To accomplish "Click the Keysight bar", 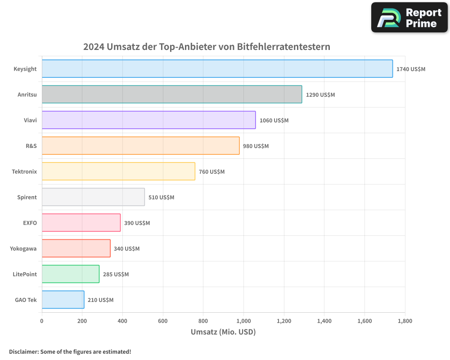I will (x=217, y=69).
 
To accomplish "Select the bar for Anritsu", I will (x=172, y=94).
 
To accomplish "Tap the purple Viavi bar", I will (x=148, y=120).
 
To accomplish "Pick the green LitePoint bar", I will (x=71, y=274).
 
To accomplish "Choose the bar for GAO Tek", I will (x=63, y=300).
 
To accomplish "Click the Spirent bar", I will (x=93, y=197).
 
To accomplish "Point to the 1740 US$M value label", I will (x=410, y=69).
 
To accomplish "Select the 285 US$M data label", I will (x=116, y=274).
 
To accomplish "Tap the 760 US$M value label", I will (x=211, y=172).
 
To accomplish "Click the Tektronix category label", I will (x=24, y=171).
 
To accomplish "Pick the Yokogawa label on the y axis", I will (x=23, y=248).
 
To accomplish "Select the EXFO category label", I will (x=30, y=223).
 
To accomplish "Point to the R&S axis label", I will (x=31, y=146).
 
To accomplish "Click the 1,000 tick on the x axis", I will (x=243, y=321).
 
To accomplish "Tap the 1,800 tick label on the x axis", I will (x=405, y=321).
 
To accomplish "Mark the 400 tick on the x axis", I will (x=122, y=321).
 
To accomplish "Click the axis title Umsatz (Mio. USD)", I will (x=223, y=333).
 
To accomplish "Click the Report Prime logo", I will (x=409, y=18).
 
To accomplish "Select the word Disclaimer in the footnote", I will (x=23, y=352).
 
